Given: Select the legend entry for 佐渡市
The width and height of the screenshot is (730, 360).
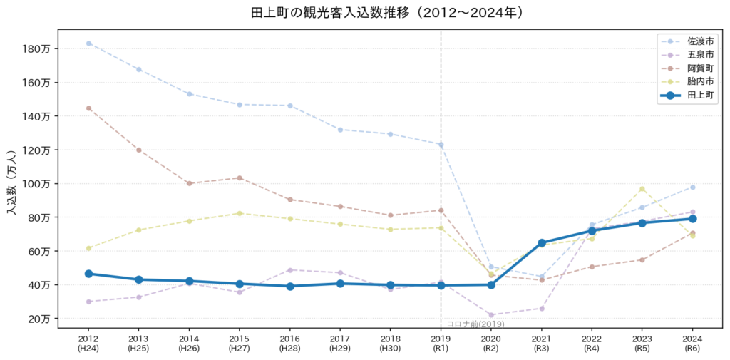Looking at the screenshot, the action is pyautogui.click(x=687, y=41).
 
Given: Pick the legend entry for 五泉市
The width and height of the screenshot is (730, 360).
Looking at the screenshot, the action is pyautogui.click(x=687, y=54).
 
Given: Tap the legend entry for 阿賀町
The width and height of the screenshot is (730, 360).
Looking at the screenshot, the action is pyautogui.click(x=687, y=68).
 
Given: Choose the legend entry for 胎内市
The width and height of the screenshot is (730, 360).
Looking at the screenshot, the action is pyautogui.click(x=687, y=81).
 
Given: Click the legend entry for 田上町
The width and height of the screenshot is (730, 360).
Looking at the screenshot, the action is pyautogui.click(x=687, y=95).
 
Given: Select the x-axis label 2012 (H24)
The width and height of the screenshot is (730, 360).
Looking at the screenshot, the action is pyautogui.click(x=88, y=342).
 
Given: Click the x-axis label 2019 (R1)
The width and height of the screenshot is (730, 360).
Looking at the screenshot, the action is pyautogui.click(x=441, y=342).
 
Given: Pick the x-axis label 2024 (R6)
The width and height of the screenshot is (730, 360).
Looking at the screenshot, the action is pyautogui.click(x=692, y=342).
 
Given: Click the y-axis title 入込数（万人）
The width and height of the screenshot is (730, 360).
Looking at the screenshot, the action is pyautogui.click(x=13, y=182).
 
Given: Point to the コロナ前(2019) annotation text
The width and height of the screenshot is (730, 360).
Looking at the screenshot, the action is pyautogui.click(x=475, y=324).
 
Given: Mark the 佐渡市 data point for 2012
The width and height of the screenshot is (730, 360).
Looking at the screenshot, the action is pyautogui.click(x=88, y=43).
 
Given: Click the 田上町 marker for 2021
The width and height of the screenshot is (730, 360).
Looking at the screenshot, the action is pyautogui.click(x=542, y=242).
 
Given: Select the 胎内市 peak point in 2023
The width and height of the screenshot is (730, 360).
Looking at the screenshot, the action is pyautogui.click(x=642, y=189).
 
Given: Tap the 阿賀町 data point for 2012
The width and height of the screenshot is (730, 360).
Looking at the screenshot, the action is pyautogui.click(x=88, y=108).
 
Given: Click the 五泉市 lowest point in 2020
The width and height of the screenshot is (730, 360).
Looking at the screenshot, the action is pyautogui.click(x=491, y=315).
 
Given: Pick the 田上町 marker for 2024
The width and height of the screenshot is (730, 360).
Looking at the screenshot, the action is pyautogui.click(x=692, y=218).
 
